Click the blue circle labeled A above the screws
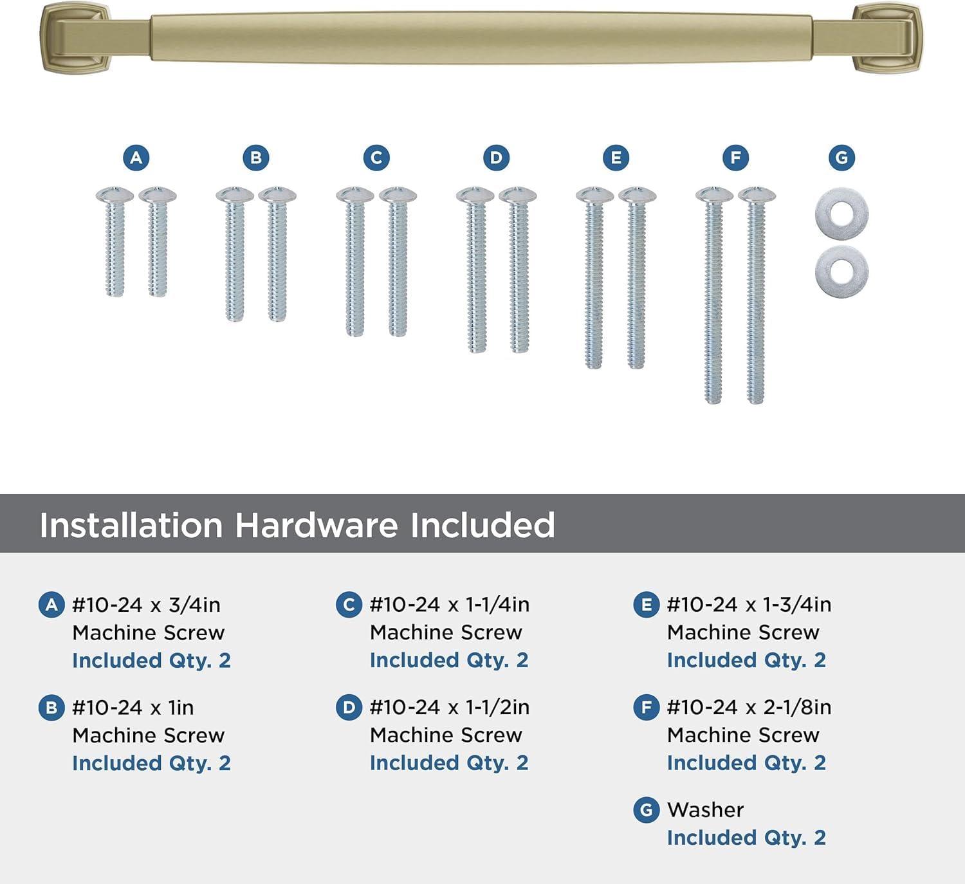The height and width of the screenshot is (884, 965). coord(136,158)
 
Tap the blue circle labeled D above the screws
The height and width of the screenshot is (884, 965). coord(496,158)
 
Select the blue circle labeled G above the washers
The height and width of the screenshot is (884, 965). coord(841,158)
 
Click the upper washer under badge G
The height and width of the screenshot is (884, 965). coord(841,213)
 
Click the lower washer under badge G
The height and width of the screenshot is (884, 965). coord(841,268)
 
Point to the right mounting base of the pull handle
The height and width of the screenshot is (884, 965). coord(887,38)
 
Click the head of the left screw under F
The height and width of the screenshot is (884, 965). coord(714,194)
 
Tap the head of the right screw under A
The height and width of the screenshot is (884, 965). coord(158,194)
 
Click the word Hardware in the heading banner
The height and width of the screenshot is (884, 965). coord(316,525)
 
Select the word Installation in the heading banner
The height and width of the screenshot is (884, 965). coord(131,525)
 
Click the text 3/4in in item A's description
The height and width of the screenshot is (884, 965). coord(194,605)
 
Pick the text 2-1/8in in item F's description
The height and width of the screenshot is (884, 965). coord(797,708)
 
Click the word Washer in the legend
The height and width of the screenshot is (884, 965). coord(705,810)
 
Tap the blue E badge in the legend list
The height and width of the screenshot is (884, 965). coord(646,605)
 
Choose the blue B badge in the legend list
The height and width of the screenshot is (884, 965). coord(51,708)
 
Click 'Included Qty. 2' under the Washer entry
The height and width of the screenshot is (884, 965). coord(746,838)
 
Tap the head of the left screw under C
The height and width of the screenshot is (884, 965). coord(354,194)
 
